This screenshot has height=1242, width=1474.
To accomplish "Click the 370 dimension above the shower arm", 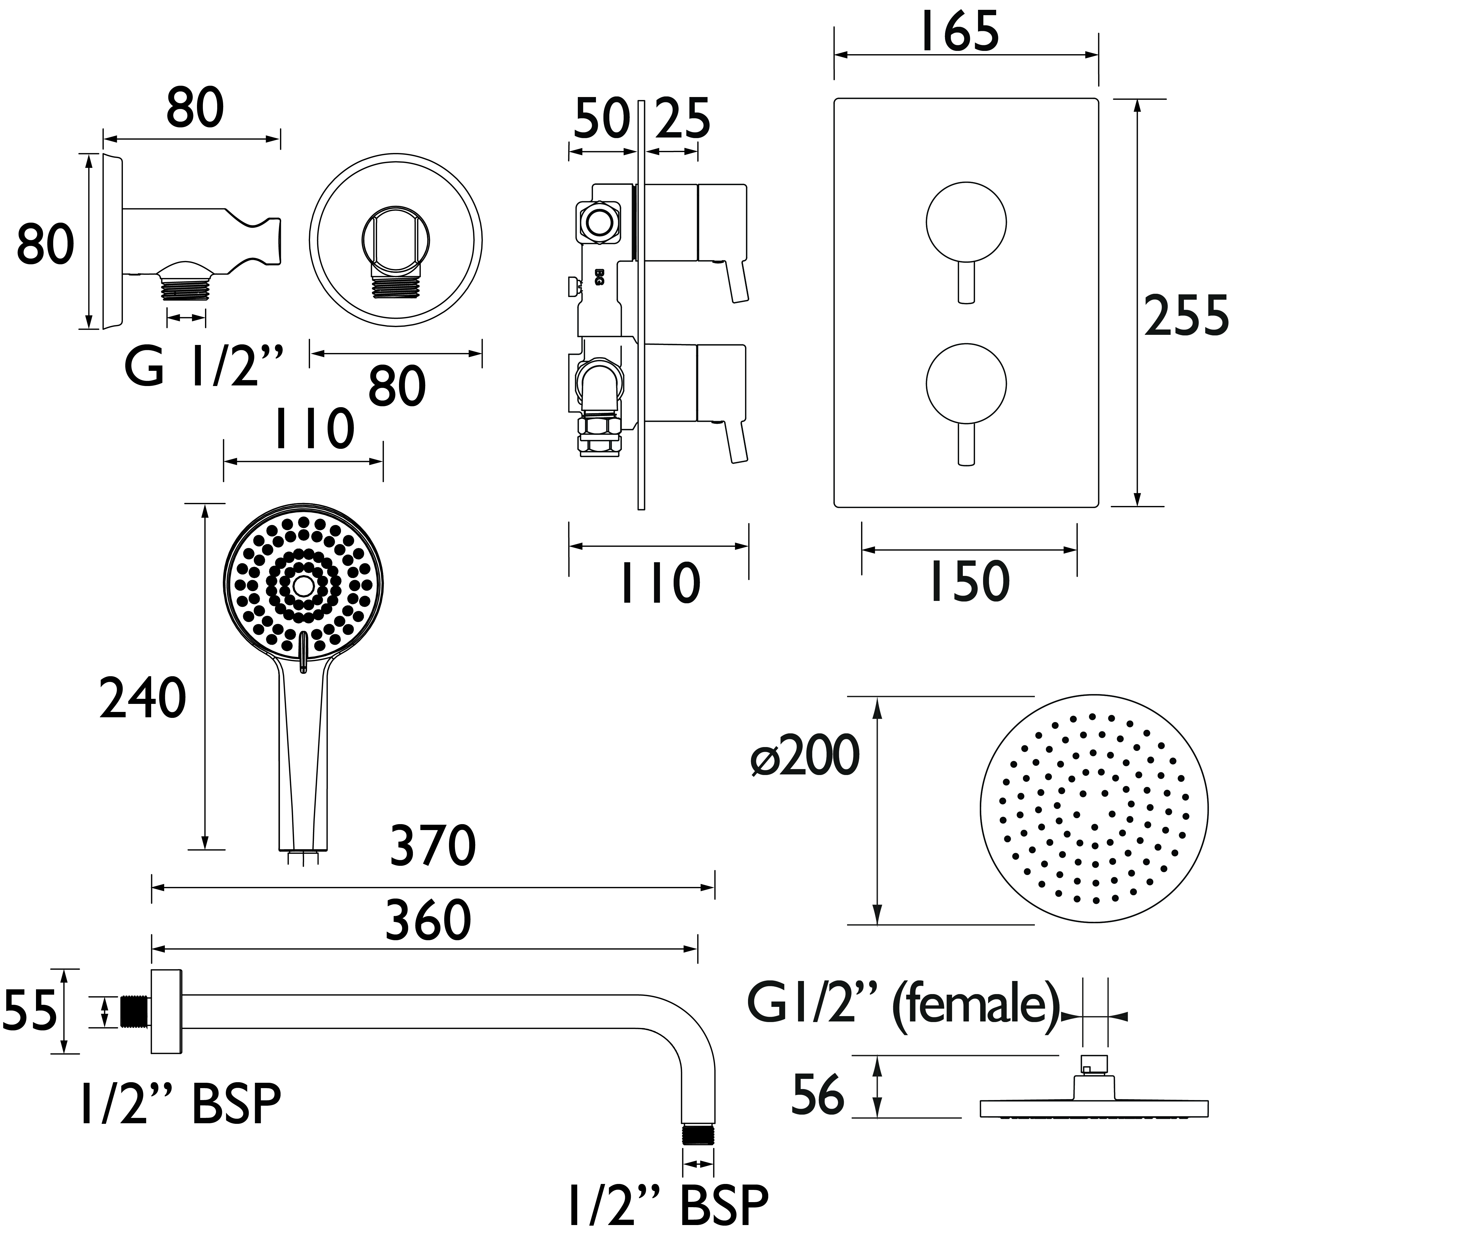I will coord(432,846).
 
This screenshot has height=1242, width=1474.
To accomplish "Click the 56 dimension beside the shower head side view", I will coord(817,1096).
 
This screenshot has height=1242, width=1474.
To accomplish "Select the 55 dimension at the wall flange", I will coord(29,1011).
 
